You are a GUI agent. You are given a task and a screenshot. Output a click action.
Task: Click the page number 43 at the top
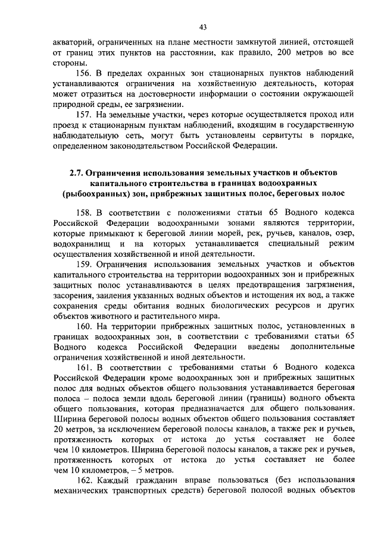tap(202, 27)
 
